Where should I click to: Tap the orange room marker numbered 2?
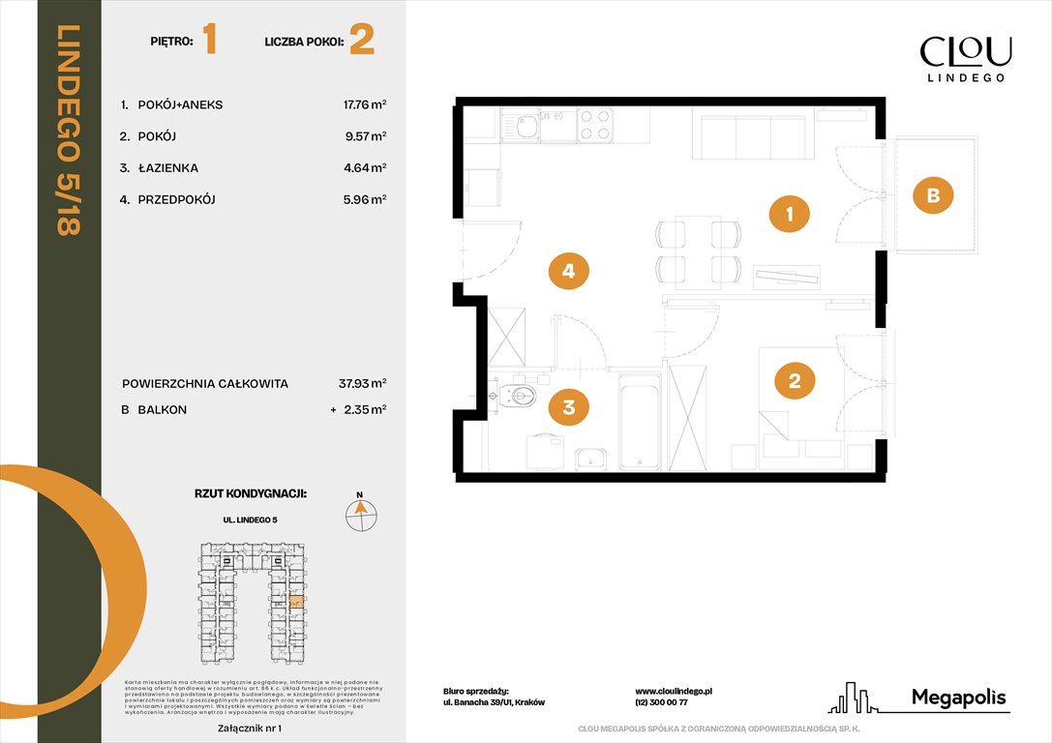(x=795, y=380)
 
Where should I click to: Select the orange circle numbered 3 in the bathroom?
(x=569, y=407)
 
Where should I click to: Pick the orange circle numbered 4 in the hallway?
(x=568, y=272)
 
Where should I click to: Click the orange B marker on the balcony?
(x=933, y=195)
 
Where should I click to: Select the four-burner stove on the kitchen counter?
(x=594, y=125)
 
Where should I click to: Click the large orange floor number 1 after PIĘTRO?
(x=210, y=41)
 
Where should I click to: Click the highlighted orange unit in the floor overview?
(x=297, y=602)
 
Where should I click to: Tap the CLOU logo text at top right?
(x=965, y=51)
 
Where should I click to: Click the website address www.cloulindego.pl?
(x=674, y=692)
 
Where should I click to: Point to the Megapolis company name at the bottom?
(x=959, y=698)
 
